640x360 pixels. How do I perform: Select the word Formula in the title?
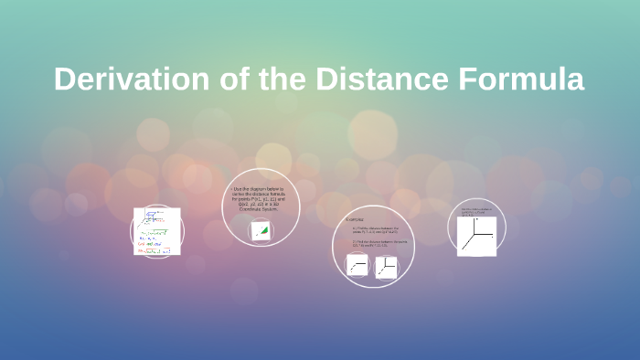click(524, 79)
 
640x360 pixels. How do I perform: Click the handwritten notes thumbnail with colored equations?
click(157, 231)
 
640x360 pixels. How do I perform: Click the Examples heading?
click(357, 220)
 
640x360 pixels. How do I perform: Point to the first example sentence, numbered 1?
click(374, 230)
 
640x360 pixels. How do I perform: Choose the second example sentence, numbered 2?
click(374, 244)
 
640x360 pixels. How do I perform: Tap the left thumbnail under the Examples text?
click(357, 266)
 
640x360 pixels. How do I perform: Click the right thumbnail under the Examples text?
click(387, 266)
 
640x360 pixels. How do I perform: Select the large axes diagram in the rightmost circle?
click(477, 236)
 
